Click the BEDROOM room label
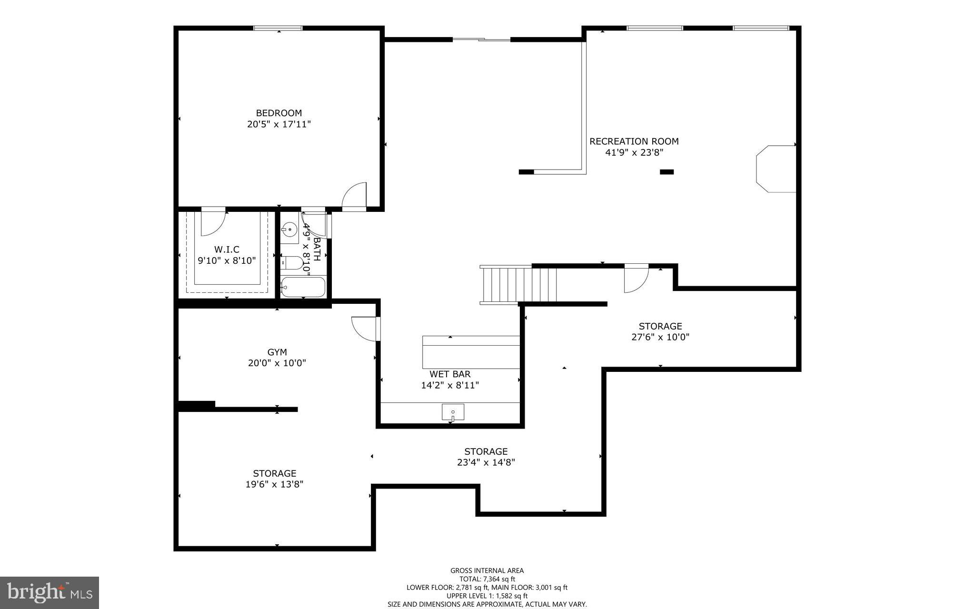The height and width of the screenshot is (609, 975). point(279,113)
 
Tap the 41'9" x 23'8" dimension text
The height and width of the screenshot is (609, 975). point(634,152)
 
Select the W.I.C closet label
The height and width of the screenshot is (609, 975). point(227,249)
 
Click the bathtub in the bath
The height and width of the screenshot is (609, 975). point(303,287)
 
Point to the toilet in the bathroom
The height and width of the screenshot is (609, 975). point(292,263)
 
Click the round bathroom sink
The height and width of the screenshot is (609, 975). point(289,230)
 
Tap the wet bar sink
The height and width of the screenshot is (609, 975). point(453,412)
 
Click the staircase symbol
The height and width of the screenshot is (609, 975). point(519,285)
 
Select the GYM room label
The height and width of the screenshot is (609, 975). point(277,352)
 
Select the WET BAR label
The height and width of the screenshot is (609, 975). point(450,374)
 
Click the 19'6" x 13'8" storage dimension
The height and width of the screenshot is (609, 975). point(274,484)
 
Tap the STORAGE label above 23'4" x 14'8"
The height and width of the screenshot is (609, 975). point(486,451)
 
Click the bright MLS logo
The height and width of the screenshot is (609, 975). point(50,592)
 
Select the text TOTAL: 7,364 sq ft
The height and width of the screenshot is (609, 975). point(487,579)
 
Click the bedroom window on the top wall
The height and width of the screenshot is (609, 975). point(278,28)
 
